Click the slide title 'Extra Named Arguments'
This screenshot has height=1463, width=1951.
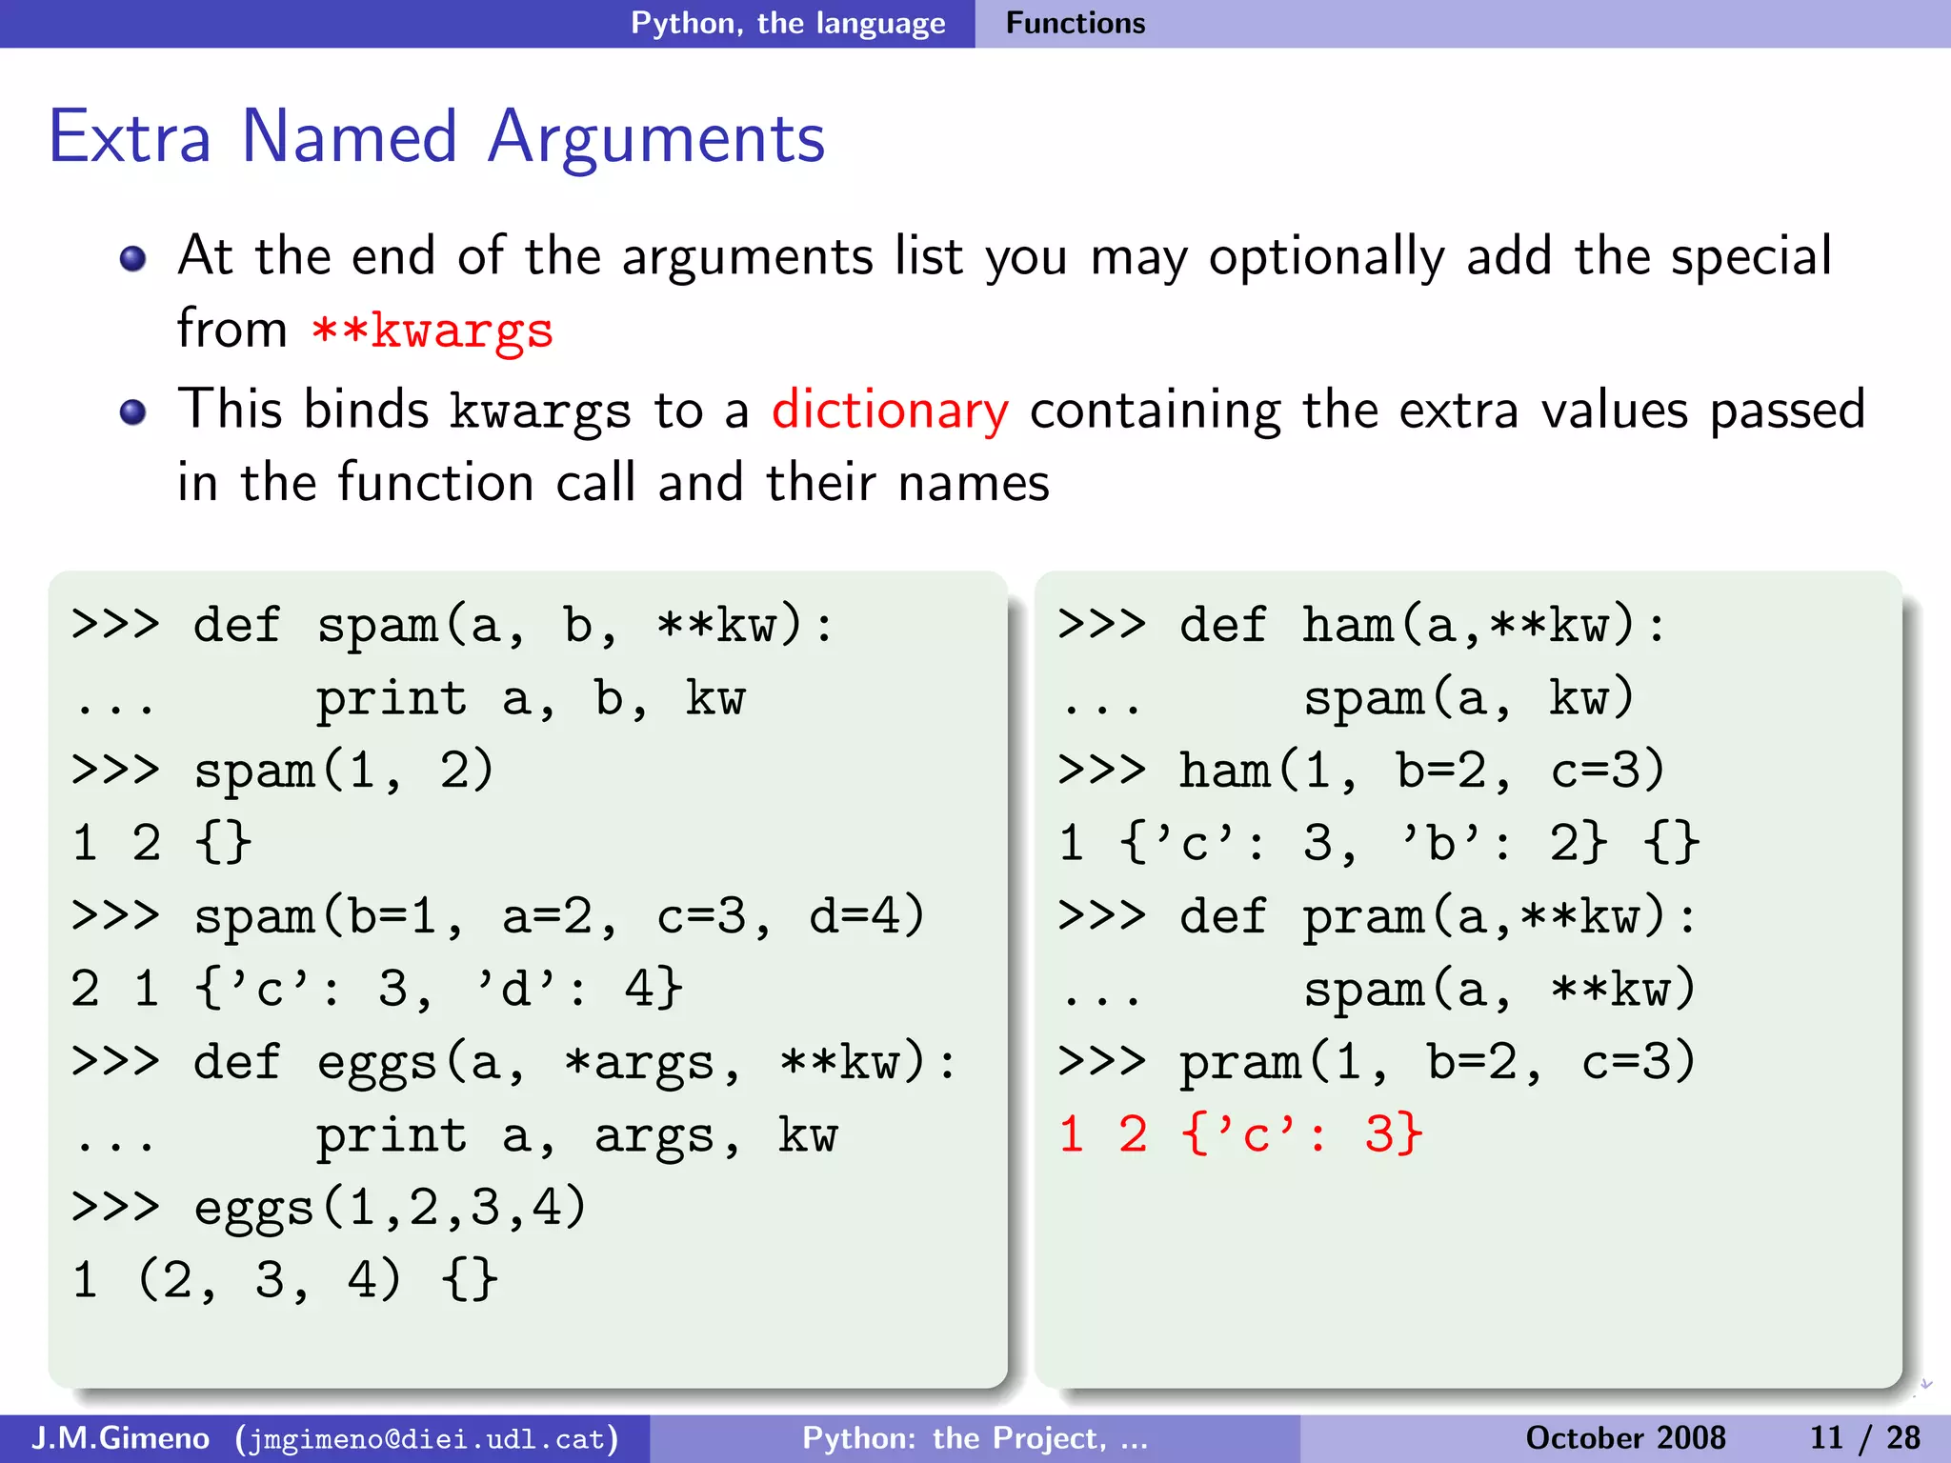pyautogui.click(x=436, y=137)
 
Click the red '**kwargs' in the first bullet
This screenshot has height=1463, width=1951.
pyautogui.click(x=432, y=331)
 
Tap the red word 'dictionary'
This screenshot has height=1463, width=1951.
pyautogui.click(x=889, y=411)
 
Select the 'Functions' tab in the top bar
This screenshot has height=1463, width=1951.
pyautogui.click(x=1076, y=23)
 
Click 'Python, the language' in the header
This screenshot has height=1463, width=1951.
pyautogui.click(x=788, y=23)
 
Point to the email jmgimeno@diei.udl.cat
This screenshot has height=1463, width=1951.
pyautogui.click(x=428, y=1438)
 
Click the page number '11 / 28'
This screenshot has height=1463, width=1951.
pyautogui.click(x=1864, y=1437)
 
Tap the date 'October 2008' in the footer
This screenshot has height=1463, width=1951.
pyautogui.click(x=1625, y=1437)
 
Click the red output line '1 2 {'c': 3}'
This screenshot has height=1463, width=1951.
pyautogui.click(x=1240, y=1134)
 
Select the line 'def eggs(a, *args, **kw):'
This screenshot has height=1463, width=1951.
pyautogui.click(x=574, y=1062)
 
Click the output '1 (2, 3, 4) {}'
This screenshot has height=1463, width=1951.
pyautogui.click(x=284, y=1280)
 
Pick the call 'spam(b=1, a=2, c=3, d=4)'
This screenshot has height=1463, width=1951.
pyautogui.click(x=559, y=916)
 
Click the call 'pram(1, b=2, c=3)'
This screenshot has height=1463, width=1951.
pyautogui.click(x=1438, y=1062)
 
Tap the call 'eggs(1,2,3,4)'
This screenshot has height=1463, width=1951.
pyautogui.click(x=390, y=1208)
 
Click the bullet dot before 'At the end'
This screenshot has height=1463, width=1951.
pyautogui.click(x=133, y=259)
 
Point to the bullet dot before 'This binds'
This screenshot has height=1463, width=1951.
pyautogui.click(x=133, y=412)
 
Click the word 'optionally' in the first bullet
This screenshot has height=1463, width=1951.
pyautogui.click(x=1326, y=257)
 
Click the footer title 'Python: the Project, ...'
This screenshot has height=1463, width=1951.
pyautogui.click(x=975, y=1437)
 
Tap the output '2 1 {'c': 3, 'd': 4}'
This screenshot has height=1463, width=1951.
pyautogui.click(x=376, y=989)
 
